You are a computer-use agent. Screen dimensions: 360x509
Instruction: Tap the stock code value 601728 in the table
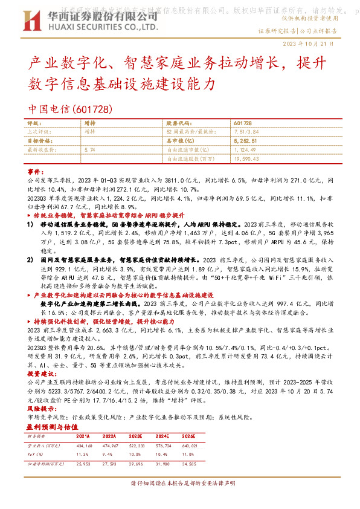[242, 123]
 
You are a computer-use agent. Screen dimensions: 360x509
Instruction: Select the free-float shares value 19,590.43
[248, 158]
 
